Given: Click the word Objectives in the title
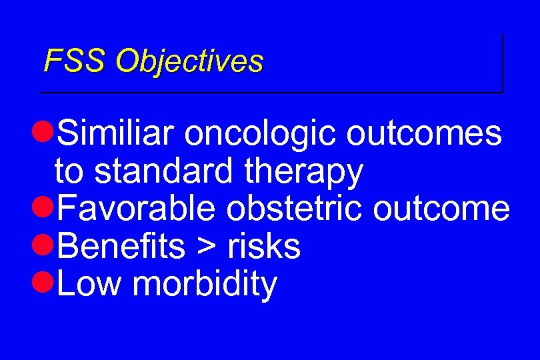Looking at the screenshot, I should (189, 61).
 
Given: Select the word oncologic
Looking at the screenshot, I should (261, 133).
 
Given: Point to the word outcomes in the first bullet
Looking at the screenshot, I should (423, 133).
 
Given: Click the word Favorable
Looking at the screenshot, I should (137, 209).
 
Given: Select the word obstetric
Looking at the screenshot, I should (294, 209).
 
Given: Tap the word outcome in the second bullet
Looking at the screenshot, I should (441, 209).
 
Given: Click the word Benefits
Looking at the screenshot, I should (121, 246).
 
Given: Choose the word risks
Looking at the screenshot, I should (264, 246).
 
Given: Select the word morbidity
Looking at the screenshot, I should (205, 285).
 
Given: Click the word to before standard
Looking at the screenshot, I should (70, 172).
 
